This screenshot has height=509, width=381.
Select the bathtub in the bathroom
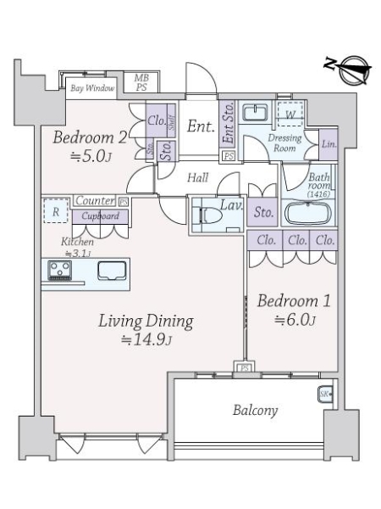point(307,213)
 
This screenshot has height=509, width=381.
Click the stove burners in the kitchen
point(59,270)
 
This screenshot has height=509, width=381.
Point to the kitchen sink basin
point(112,271)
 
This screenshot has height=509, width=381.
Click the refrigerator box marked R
point(56,210)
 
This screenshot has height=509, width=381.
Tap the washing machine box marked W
point(290,114)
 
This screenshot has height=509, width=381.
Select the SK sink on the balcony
point(325,394)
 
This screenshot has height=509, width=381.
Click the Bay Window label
point(92,88)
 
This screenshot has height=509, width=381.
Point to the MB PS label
point(141,82)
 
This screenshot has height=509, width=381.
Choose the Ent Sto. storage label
point(229,123)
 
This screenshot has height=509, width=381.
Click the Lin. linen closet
point(329,144)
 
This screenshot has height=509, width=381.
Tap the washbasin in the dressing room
point(256,112)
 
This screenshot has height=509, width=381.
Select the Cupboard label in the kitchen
point(100,215)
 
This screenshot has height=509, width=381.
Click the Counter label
point(95,200)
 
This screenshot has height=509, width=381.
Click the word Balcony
point(256,411)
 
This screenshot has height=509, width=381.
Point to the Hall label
point(198,177)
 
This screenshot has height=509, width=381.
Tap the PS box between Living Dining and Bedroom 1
point(245,368)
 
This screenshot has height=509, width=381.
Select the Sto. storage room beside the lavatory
point(262,212)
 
